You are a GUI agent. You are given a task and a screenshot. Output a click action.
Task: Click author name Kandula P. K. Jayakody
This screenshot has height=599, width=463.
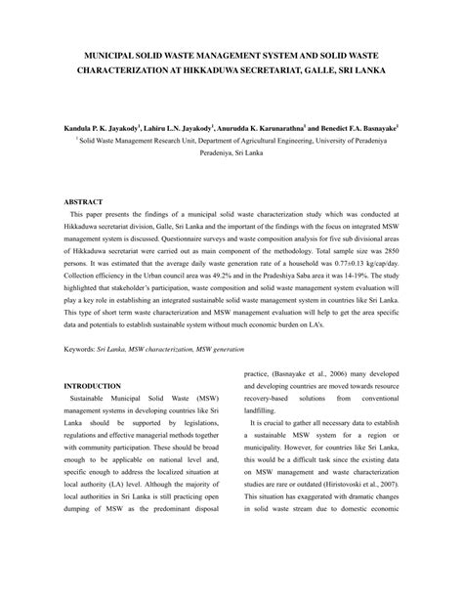(102, 127)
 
